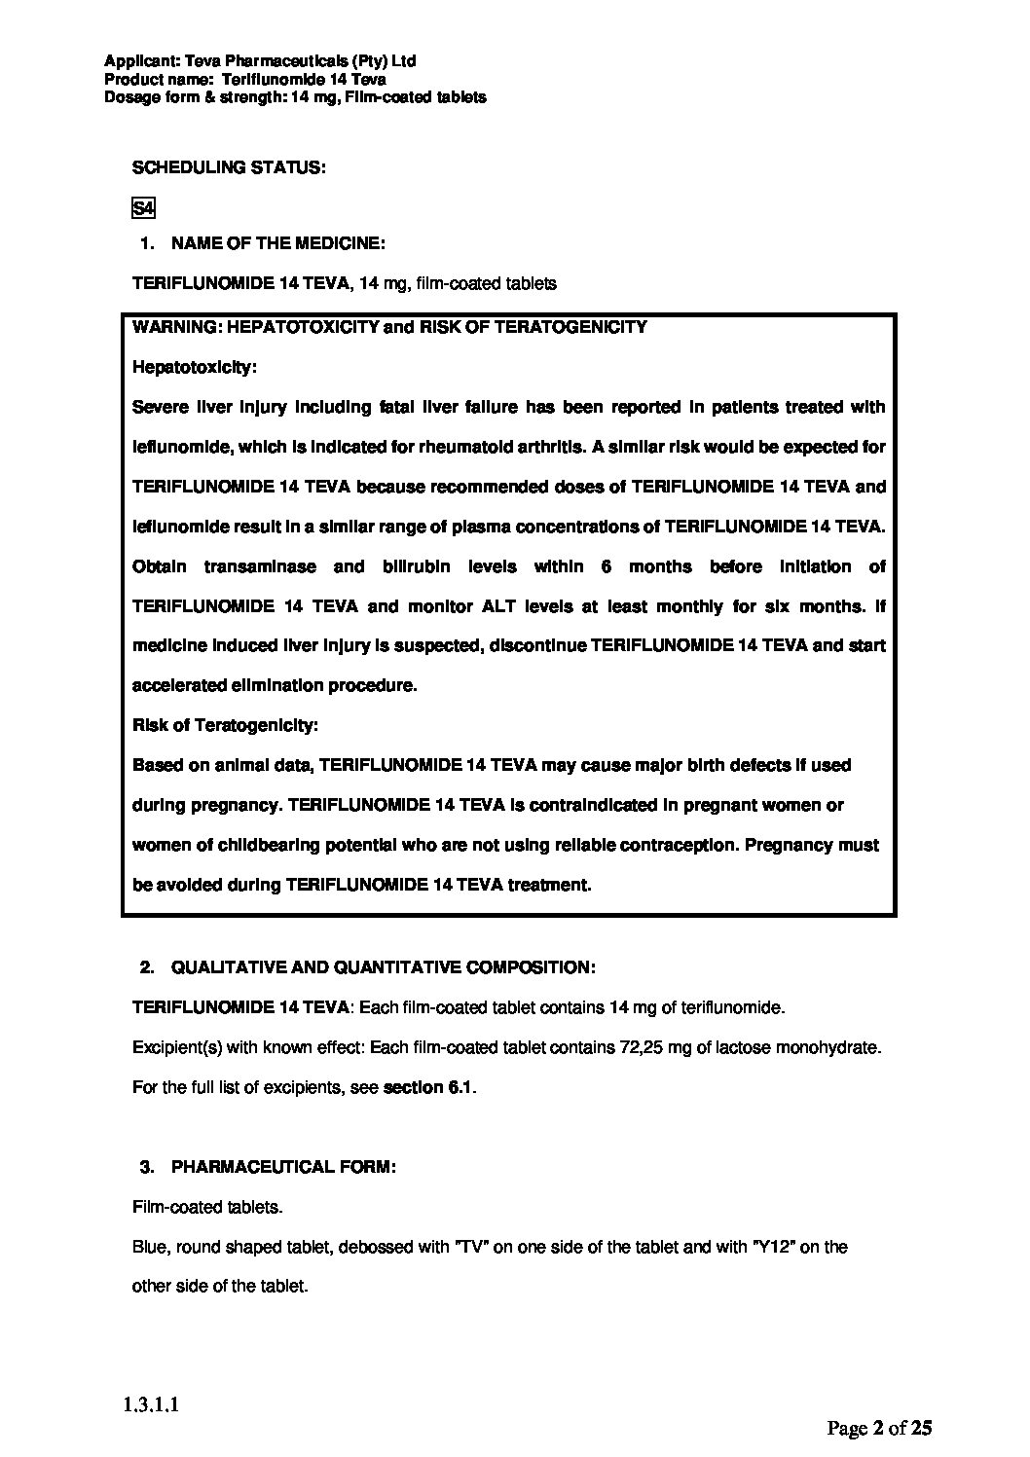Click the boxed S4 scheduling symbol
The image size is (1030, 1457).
coord(143,208)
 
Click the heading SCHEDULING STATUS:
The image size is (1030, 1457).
coord(229,167)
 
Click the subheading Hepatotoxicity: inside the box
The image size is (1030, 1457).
coord(195,367)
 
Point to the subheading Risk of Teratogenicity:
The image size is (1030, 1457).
coord(225,725)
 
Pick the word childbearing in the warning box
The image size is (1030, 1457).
coord(269,845)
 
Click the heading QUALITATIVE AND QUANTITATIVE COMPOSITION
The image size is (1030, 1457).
coord(383,967)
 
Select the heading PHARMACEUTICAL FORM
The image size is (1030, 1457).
coord(283,1167)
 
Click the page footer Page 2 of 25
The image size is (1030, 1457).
coord(879,1428)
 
